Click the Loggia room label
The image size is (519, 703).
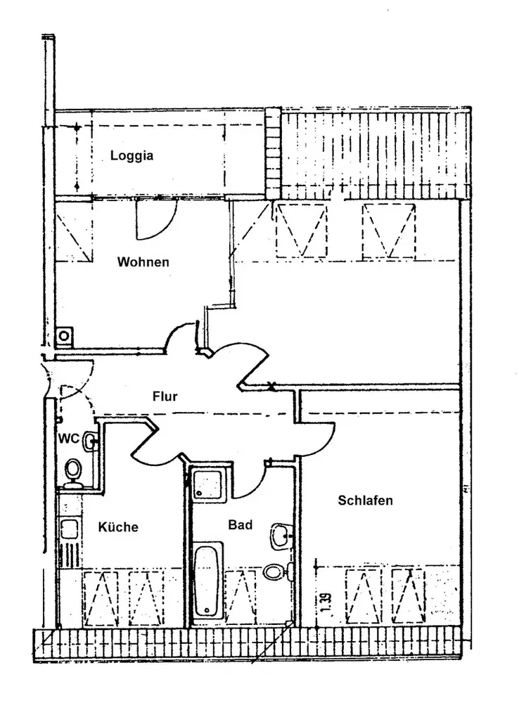[132, 155]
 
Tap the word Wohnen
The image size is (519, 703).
[143, 262]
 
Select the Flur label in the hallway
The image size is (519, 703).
[165, 396]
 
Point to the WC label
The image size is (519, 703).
[68, 439]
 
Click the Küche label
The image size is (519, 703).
[118, 527]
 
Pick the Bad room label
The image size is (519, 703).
[240, 524]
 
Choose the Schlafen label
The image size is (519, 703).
[365, 501]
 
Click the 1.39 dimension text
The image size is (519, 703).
[326, 605]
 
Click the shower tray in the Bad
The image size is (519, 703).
[207, 484]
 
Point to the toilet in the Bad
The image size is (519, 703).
[276, 572]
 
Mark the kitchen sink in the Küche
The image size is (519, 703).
[69, 529]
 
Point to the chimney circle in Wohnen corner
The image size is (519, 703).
[64, 336]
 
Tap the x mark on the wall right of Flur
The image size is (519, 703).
[271, 385]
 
